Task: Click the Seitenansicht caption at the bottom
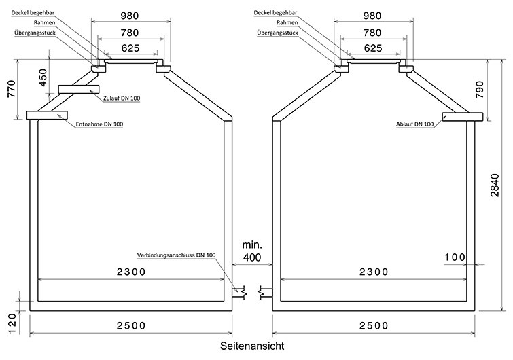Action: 252,346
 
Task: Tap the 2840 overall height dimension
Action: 495,185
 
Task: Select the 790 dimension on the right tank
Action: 480,90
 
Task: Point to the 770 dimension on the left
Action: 12,88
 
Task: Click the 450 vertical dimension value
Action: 43,77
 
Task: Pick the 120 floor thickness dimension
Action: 12,324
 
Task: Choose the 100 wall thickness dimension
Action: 455,257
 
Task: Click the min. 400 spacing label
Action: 252,251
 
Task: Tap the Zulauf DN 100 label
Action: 122,98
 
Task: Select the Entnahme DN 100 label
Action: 99,124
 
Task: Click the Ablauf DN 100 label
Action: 415,124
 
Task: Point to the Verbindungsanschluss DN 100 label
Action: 177,255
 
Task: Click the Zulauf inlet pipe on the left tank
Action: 79,89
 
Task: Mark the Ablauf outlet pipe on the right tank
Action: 463,117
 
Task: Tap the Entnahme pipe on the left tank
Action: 47,115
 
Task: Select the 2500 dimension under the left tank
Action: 131,325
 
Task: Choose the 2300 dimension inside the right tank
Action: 374,272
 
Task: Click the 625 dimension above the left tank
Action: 130,48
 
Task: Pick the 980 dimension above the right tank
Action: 372,16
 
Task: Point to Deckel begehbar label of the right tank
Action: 275,13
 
